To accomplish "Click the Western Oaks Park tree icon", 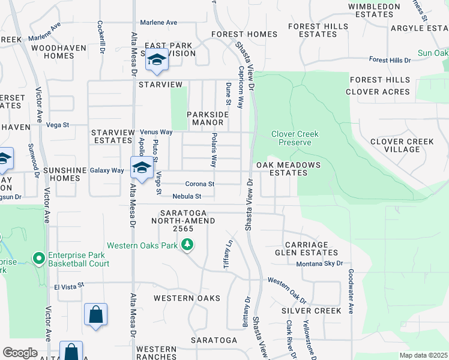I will [x=188, y=244].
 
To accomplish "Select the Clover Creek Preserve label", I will [x=295, y=138].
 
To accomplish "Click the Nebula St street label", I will [x=186, y=196].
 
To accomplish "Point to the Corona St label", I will [x=200, y=184].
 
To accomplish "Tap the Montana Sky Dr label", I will [x=319, y=263].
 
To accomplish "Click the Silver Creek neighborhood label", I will [x=312, y=311].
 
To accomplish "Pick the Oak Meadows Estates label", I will [x=288, y=169].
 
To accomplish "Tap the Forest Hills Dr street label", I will [x=390, y=60].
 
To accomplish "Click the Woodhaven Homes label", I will [x=53, y=52].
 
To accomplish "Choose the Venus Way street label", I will [x=156, y=132].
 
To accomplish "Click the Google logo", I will [x=20, y=353].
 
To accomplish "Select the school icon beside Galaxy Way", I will [x=142, y=168].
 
